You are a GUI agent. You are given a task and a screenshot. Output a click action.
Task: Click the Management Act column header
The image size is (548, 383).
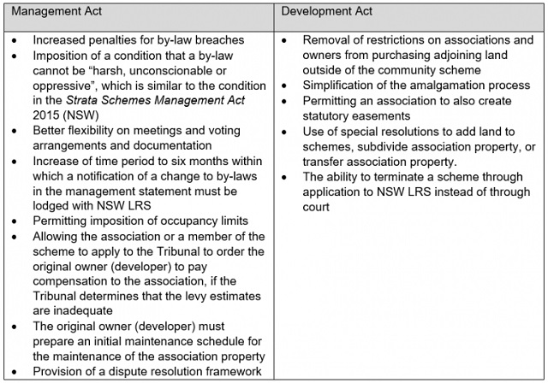pyautogui.click(x=57, y=13)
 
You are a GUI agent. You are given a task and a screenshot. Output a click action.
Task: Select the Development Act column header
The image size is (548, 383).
pyautogui.click(x=327, y=13)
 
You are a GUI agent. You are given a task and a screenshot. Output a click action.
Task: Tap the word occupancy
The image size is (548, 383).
pyautogui.click(x=181, y=220)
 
